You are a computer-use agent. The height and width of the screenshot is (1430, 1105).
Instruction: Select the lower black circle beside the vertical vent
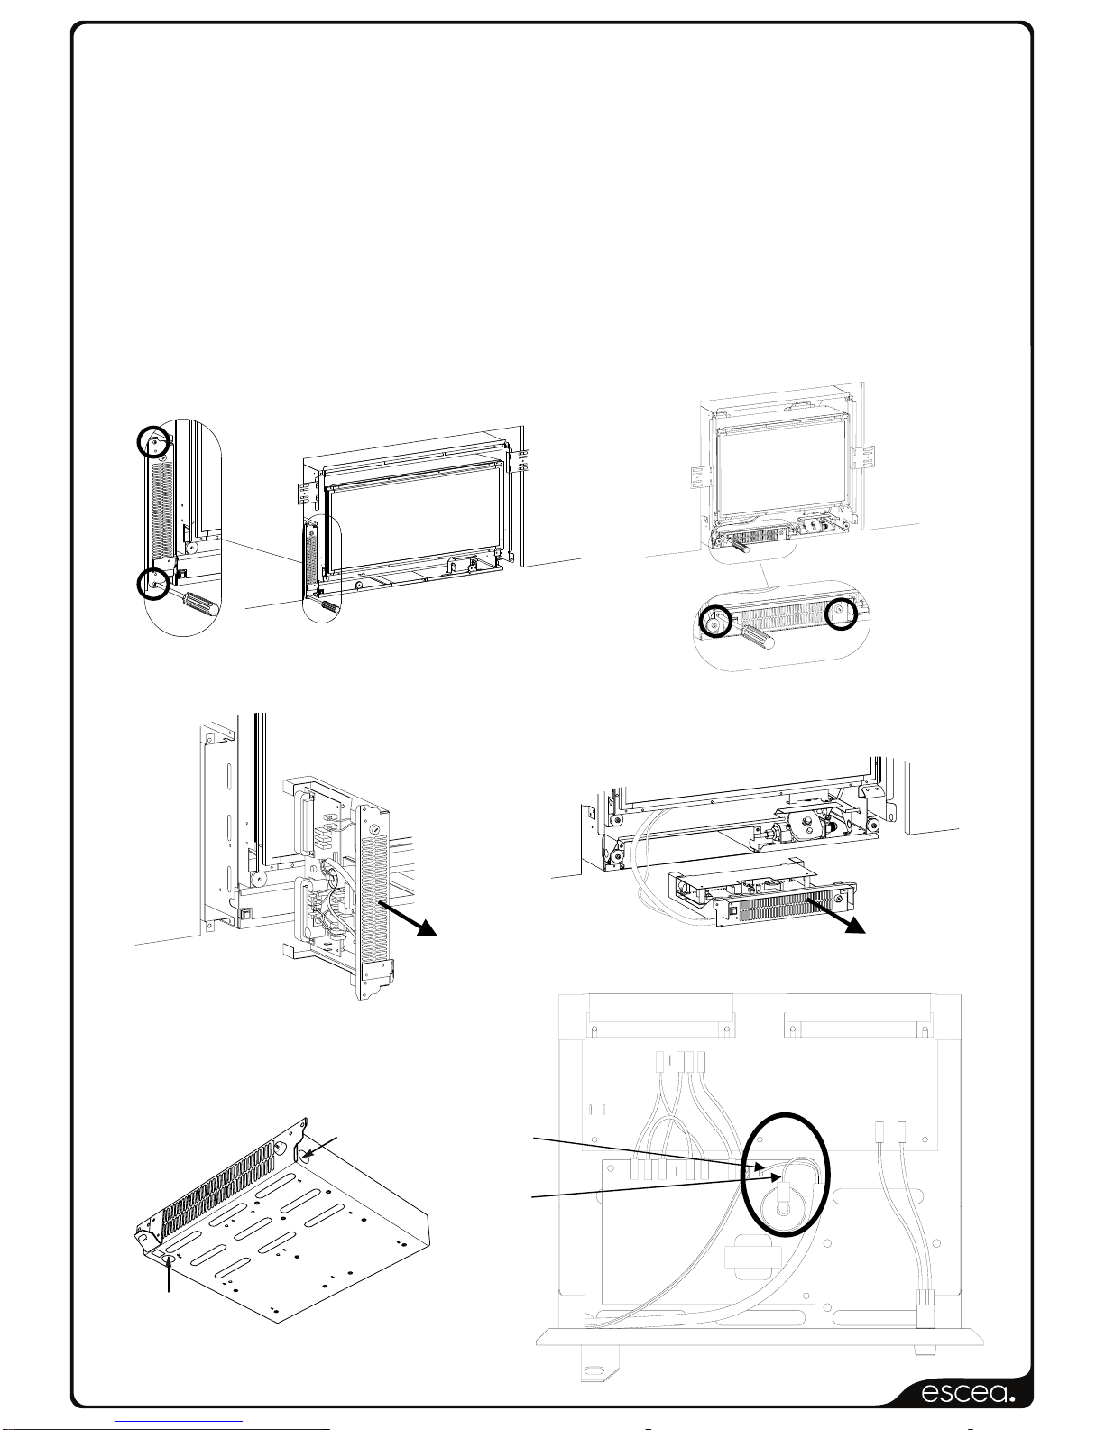154,583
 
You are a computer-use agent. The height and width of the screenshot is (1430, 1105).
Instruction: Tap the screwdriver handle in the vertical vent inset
199,604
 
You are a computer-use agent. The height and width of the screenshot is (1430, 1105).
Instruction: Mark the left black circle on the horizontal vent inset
715,621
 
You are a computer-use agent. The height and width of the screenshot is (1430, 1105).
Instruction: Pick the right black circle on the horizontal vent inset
842,614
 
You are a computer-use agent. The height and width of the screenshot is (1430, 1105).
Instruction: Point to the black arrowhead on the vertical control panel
427,927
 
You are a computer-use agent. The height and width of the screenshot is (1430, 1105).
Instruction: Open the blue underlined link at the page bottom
182,1421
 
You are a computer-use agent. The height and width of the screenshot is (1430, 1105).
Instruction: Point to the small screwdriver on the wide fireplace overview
329,605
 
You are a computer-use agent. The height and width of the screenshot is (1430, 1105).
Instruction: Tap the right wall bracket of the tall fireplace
862,458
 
